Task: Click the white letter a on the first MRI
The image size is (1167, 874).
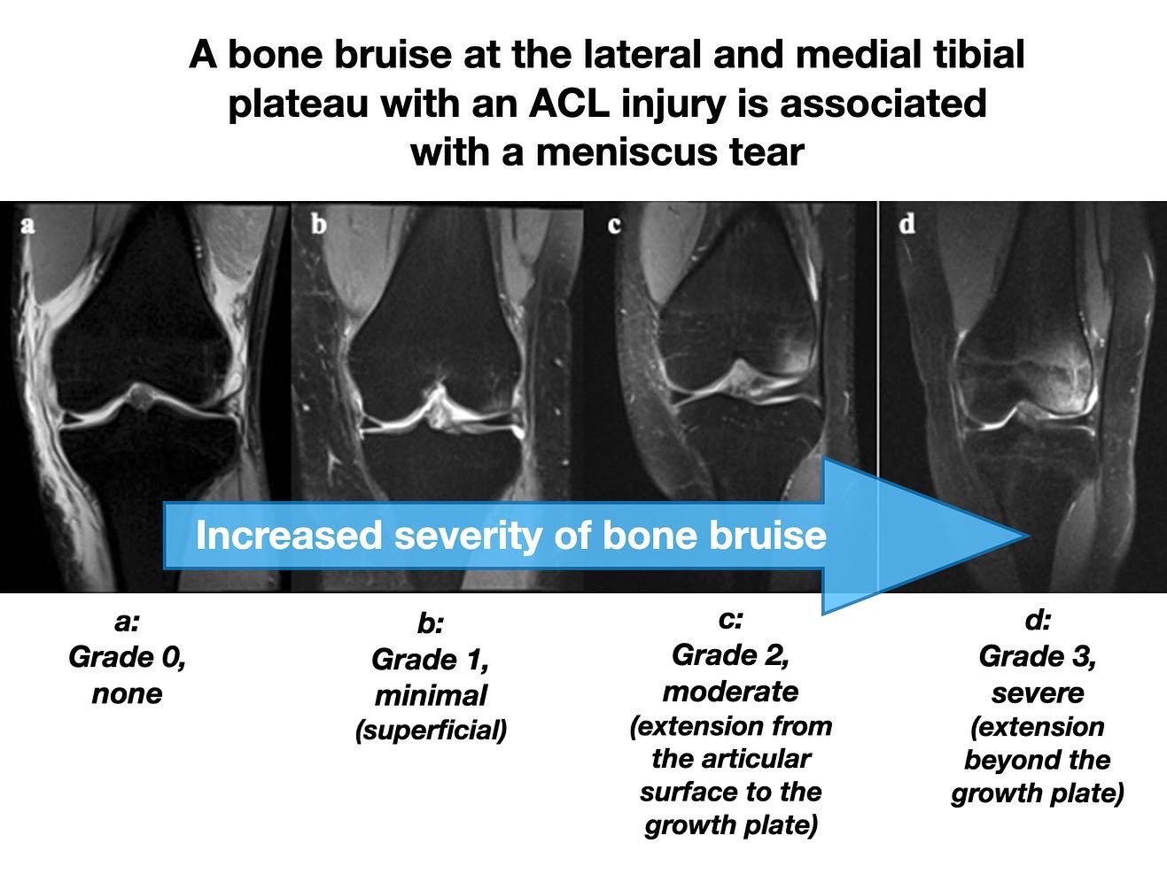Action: point(27,224)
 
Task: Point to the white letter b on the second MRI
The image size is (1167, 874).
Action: point(318,224)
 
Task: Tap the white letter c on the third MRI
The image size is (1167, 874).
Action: point(613,225)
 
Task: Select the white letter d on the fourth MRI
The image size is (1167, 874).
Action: point(906,224)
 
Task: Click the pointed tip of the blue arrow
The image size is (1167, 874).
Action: point(1026,536)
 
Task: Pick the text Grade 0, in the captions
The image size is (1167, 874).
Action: point(127,658)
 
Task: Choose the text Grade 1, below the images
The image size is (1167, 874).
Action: point(430,660)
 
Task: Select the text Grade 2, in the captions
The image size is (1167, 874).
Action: point(730,655)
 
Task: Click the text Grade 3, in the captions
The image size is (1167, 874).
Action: point(1037,656)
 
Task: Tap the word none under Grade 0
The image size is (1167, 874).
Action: point(127,693)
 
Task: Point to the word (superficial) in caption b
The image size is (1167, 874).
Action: point(431,731)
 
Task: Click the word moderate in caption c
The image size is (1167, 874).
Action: point(730,691)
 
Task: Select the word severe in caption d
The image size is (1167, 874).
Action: point(1037,692)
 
